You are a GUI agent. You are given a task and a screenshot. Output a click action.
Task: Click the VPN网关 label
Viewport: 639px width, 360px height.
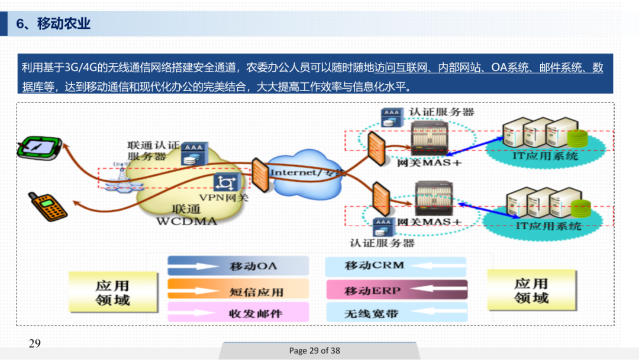click(x=224, y=197)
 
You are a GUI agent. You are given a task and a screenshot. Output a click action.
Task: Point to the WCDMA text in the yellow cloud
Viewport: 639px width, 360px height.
click(x=186, y=221)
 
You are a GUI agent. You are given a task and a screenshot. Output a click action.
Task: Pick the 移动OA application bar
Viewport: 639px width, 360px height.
click(x=238, y=266)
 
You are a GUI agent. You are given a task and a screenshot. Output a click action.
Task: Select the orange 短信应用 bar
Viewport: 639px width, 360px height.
click(x=238, y=291)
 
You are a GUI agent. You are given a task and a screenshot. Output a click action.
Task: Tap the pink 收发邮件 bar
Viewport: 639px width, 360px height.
click(x=238, y=313)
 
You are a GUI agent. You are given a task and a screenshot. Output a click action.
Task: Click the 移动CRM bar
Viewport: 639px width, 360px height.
click(x=396, y=266)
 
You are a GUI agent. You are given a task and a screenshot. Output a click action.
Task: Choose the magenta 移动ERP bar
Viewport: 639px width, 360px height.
click(x=396, y=290)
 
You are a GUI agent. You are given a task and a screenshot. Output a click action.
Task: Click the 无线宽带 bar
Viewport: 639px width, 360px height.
click(x=396, y=313)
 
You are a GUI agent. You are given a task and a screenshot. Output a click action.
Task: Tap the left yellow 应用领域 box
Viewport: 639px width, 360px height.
click(x=113, y=292)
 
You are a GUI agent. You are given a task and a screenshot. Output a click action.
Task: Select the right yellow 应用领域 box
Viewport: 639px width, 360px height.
click(x=531, y=290)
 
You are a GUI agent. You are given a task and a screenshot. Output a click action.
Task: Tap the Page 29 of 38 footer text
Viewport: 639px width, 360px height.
click(x=315, y=351)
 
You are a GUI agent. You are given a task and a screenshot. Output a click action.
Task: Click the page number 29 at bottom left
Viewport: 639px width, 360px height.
click(x=34, y=343)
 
